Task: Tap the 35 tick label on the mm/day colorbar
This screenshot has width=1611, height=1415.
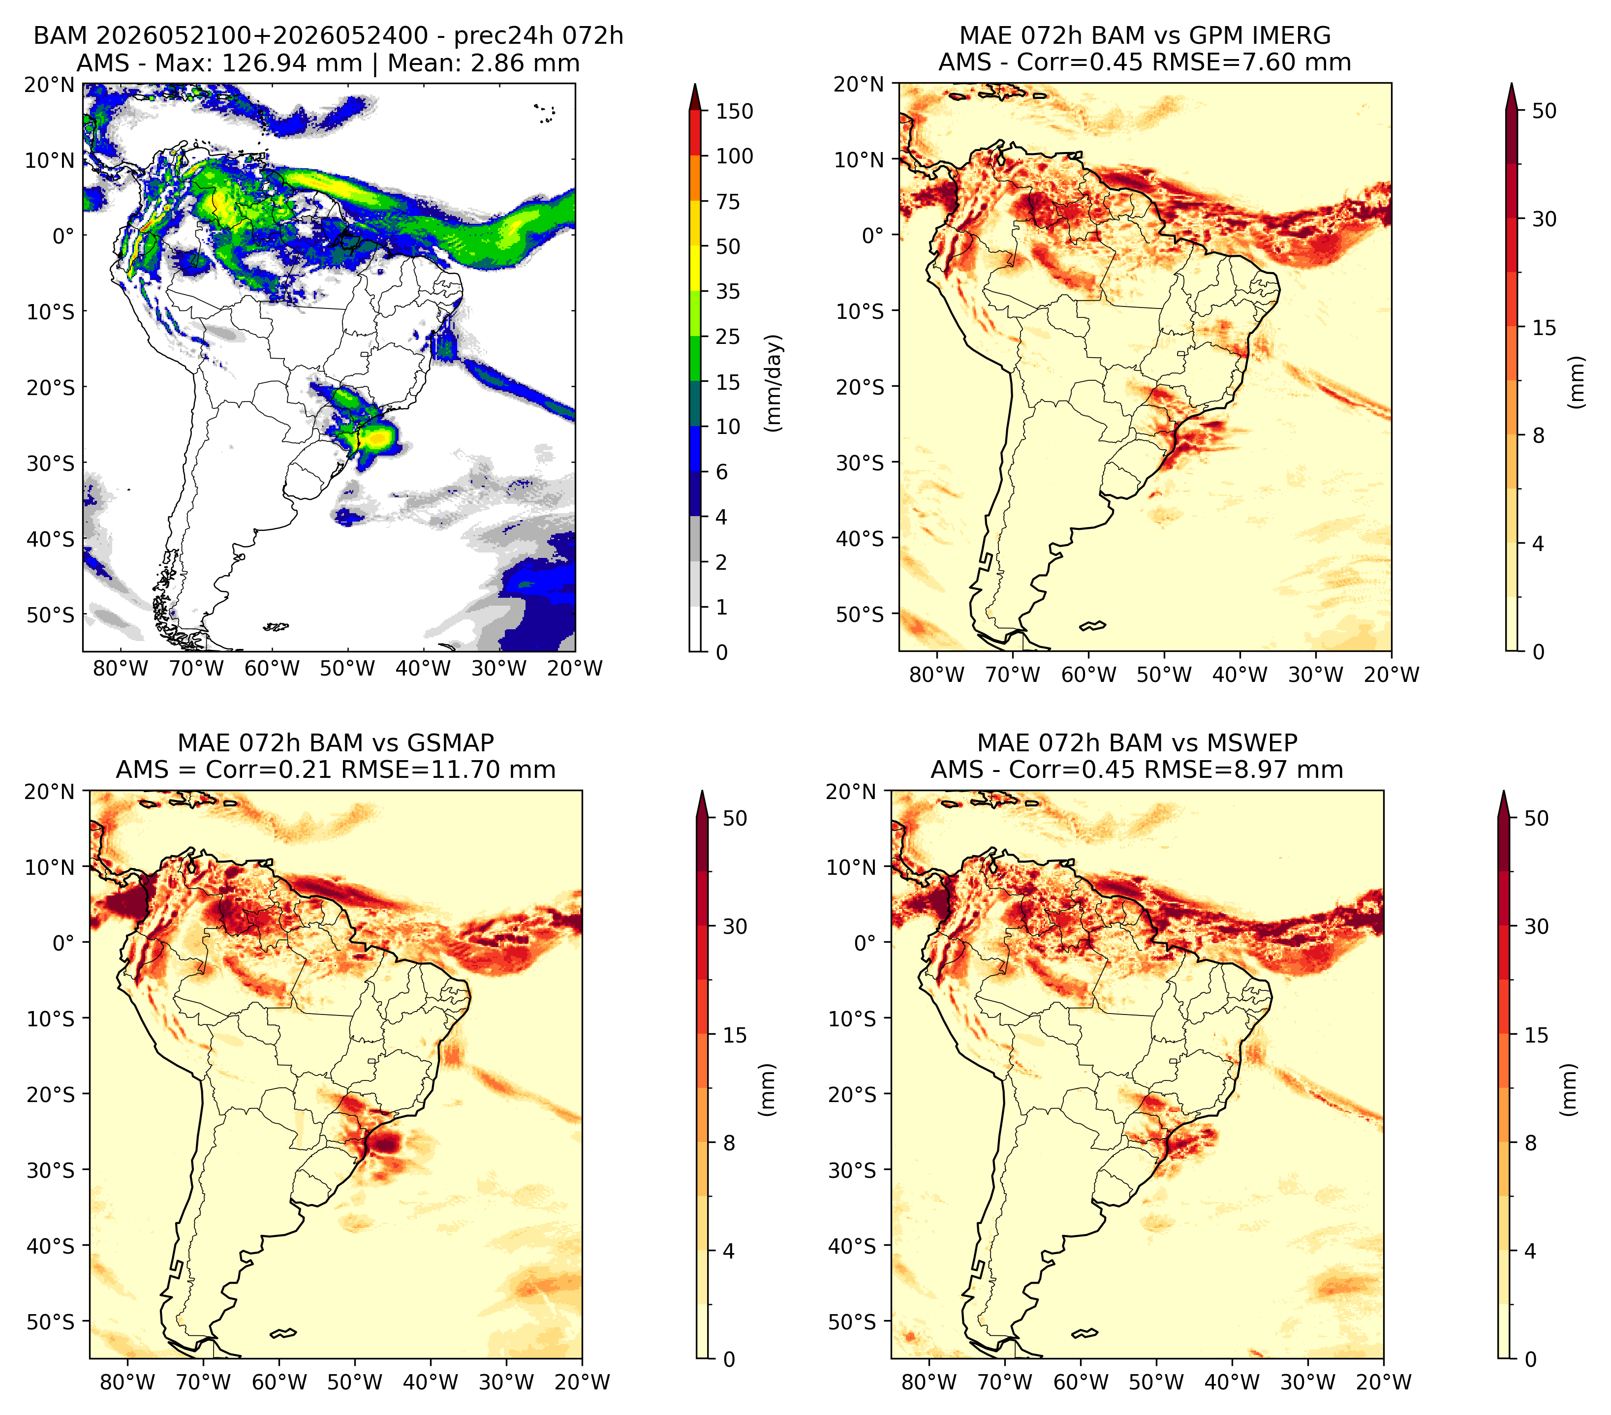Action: [727, 291]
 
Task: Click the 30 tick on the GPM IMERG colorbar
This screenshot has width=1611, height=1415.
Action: [1544, 219]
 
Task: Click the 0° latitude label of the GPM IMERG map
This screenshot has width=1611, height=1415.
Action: [872, 236]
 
